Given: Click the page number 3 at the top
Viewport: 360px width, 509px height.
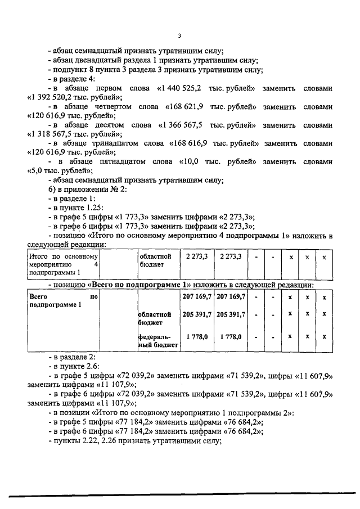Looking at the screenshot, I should pos(179,37).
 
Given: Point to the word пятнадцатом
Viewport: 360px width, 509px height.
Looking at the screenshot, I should pos(115,160).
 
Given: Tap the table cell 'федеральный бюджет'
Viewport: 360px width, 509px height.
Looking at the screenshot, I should pos(157,341).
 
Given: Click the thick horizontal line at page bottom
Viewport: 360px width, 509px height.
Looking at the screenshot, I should pos(180,496).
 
